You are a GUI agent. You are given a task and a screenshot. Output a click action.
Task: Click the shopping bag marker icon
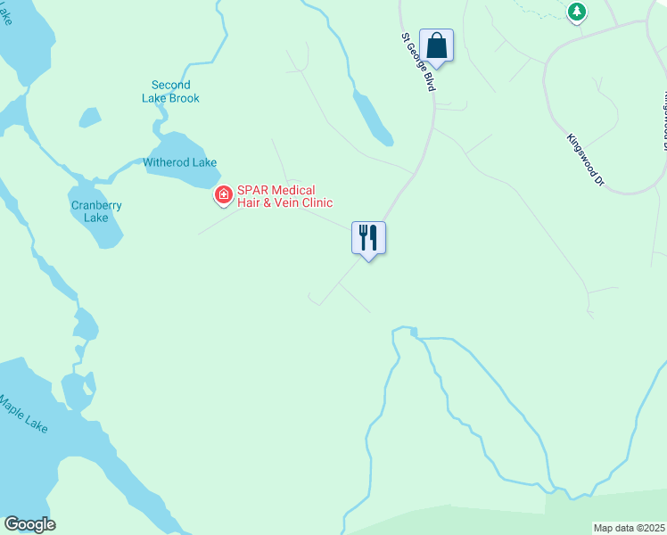(436, 45)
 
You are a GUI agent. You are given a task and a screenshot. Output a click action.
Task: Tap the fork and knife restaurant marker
(368, 238)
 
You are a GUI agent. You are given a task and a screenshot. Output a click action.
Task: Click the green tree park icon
(578, 12)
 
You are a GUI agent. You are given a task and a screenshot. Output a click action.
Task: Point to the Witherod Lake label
(180, 162)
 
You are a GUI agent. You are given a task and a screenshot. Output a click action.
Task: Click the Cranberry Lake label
(96, 211)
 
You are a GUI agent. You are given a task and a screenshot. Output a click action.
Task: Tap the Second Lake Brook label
(170, 92)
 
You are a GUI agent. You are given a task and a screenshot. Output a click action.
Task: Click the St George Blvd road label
(419, 62)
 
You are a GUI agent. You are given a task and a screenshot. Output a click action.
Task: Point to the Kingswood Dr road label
(586, 160)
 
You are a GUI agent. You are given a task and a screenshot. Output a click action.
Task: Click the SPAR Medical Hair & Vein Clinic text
(276, 196)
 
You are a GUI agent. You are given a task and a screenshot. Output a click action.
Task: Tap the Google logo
(29, 524)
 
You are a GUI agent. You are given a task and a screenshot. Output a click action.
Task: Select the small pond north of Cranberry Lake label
(89, 118)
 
